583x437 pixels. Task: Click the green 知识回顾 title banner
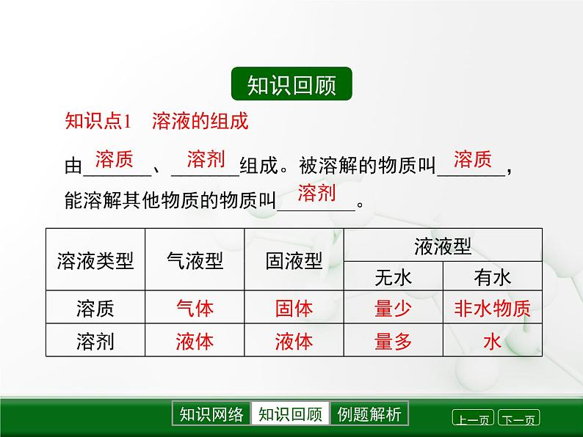tap(291, 86)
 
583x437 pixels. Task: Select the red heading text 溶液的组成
tap(200, 121)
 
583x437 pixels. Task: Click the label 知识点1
tap(98, 121)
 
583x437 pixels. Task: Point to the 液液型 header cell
tap(443, 245)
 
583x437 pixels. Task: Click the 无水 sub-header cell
tap(394, 276)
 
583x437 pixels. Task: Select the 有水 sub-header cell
tap(492, 276)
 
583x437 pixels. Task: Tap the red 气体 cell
tap(195, 308)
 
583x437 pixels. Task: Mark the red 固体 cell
tap(294, 308)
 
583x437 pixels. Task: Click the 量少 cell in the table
tap(394, 308)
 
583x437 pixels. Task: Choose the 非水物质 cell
tap(492, 308)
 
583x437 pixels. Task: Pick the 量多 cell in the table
tap(394, 341)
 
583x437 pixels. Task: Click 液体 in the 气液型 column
tap(195, 341)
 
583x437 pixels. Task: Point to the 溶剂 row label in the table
tap(95, 341)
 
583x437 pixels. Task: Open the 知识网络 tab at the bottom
tap(211, 414)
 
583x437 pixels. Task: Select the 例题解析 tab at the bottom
tap(369, 414)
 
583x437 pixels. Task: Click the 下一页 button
tap(519, 419)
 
